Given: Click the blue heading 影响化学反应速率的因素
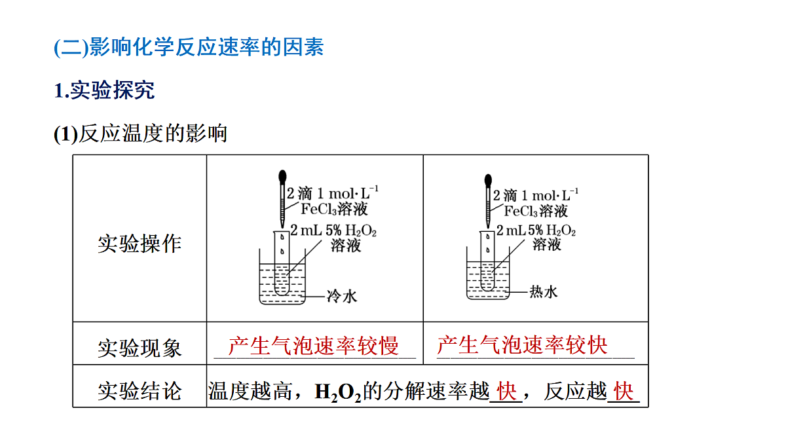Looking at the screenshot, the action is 206,46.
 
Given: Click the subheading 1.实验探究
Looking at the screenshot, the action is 104,90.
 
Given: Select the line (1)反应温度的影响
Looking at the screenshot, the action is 140,134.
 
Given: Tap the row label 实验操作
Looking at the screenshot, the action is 140,244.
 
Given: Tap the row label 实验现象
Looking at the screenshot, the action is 140,348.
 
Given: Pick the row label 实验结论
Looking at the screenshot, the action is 140,391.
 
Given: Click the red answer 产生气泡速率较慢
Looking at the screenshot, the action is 313,346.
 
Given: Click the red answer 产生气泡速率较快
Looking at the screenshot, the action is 522,345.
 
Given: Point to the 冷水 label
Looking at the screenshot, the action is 342,297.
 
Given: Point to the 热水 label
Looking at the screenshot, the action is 544,292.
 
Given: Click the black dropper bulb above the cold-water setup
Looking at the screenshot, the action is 282,177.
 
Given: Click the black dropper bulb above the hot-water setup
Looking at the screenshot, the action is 488,180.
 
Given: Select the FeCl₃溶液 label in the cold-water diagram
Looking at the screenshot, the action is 334,209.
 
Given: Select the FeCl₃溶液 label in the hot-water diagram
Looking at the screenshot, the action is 536,211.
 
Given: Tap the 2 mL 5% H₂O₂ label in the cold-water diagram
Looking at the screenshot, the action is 333,230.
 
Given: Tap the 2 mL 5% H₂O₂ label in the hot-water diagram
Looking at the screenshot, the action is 536,230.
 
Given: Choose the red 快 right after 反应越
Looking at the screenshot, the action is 624,391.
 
